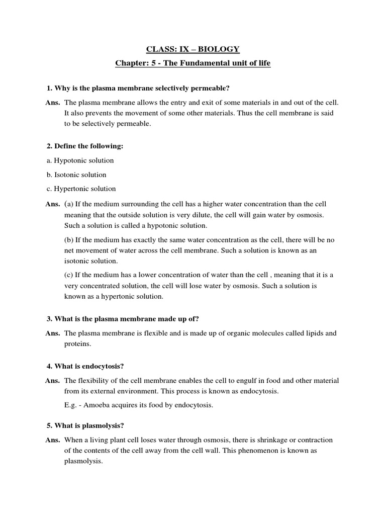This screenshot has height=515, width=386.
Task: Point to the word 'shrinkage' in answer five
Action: point(251,440)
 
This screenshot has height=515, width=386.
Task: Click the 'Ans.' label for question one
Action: point(53,103)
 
